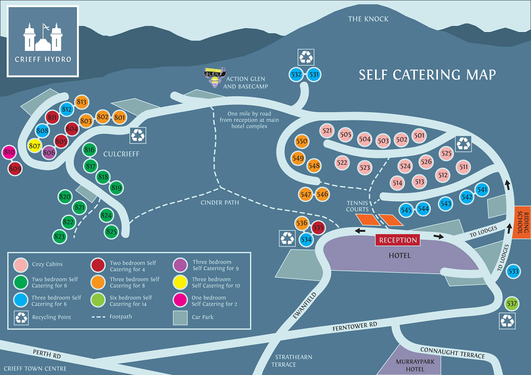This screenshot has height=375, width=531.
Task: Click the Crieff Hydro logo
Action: click(x=43, y=41)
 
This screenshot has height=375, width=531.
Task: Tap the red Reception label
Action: click(x=398, y=240)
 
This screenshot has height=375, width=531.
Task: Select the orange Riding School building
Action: click(x=523, y=223)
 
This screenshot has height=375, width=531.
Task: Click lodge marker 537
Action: click(x=512, y=303)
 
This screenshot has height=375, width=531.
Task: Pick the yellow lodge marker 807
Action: click(x=35, y=146)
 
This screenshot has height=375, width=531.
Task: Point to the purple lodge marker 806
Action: click(x=49, y=153)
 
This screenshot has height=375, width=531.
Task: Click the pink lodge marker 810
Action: click(x=9, y=152)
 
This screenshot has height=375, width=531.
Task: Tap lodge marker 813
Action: click(x=82, y=102)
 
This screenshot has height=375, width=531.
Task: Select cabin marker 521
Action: click(x=327, y=131)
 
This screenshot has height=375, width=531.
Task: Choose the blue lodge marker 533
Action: click(x=513, y=271)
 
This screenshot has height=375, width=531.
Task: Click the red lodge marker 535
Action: click(x=318, y=228)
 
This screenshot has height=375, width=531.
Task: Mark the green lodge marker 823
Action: click(x=60, y=236)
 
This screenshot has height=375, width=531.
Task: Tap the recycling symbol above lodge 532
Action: click(x=306, y=56)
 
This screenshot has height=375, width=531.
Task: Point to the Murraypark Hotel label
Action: click(x=410, y=365)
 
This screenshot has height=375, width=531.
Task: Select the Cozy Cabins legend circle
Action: click(x=22, y=266)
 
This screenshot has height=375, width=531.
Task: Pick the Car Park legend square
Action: click(x=180, y=318)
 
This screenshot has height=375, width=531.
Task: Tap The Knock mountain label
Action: click(x=368, y=19)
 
